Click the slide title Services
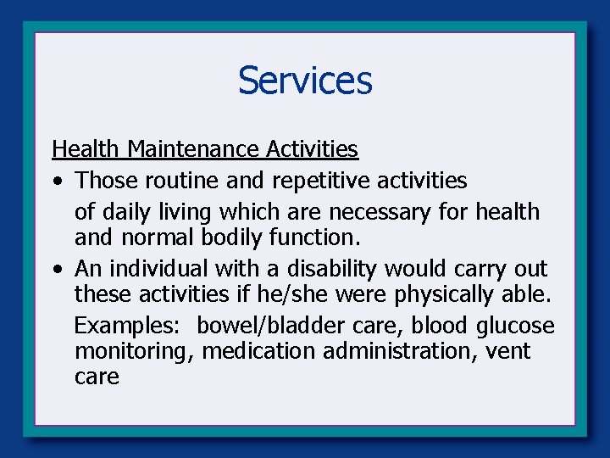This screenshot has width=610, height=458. (305, 81)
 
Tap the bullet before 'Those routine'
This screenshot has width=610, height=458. (55, 182)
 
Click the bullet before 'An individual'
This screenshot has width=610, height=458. (55, 270)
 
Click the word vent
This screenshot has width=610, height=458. (508, 350)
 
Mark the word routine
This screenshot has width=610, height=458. (184, 181)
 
